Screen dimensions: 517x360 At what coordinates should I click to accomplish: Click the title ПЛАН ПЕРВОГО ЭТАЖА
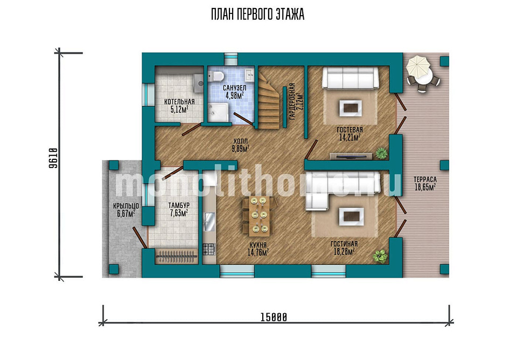tap(257, 15)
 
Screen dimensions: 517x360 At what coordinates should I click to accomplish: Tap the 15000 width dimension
tap(274, 317)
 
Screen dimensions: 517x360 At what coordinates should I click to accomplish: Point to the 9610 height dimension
tap(53, 158)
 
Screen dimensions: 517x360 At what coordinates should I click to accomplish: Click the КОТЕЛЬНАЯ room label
tap(179, 102)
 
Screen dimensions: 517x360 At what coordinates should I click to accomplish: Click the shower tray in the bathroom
tap(218, 112)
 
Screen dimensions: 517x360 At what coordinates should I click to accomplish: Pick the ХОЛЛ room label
tap(240, 142)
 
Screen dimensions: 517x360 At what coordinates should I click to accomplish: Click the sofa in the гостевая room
tap(350, 78)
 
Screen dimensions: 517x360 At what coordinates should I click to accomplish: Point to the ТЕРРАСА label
tap(425, 180)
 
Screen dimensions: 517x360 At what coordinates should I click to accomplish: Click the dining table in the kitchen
tap(259, 216)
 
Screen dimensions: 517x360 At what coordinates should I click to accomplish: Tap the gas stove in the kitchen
tap(209, 249)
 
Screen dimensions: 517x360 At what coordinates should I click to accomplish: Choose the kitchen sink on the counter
tap(209, 221)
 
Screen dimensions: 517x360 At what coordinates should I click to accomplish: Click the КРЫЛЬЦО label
tap(126, 206)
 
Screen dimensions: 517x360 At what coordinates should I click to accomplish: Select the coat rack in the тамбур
tap(176, 256)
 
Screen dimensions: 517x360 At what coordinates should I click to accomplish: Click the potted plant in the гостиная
tap(380, 256)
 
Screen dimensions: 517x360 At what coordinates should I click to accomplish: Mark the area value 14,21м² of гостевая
tap(350, 137)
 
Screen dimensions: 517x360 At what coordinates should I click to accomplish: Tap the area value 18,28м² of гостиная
tap(344, 252)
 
